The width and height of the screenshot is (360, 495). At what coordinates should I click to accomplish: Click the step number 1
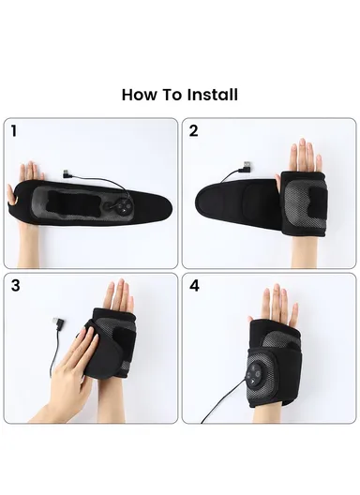[x=14, y=131]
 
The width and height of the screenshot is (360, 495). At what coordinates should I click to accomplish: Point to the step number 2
[x=194, y=131]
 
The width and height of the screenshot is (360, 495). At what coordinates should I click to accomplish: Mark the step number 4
[x=194, y=285]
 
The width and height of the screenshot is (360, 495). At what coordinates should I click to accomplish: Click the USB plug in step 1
[x=67, y=173]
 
